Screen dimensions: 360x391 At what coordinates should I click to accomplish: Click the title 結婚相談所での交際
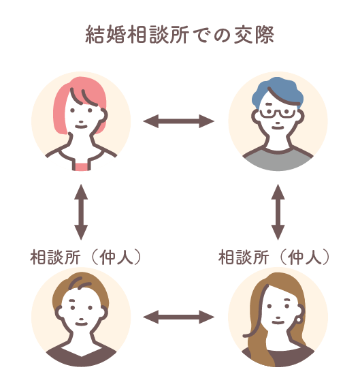[x=180, y=35]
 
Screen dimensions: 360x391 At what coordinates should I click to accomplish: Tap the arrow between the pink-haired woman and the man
[x=178, y=121]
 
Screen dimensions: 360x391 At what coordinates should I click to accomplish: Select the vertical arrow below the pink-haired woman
[x=81, y=212]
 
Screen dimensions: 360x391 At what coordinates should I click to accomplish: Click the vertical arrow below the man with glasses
[x=278, y=212]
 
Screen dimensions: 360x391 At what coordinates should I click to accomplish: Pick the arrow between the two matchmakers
[x=178, y=317]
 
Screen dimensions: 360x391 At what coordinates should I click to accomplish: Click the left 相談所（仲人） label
[x=86, y=257]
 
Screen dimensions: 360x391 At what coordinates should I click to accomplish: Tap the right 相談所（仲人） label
[x=274, y=257]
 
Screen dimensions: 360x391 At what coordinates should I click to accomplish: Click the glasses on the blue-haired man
[x=278, y=113]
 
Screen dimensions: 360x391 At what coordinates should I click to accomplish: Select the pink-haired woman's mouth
[x=81, y=127]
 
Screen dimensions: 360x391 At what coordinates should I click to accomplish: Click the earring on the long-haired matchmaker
[x=299, y=319]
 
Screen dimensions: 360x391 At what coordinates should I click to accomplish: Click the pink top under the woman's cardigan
[x=82, y=166]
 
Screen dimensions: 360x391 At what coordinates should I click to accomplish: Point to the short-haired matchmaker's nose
[x=81, y=319]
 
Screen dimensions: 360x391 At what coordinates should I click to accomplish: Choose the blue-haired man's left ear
[x=256, y=117]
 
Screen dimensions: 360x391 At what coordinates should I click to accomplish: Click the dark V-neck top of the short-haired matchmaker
[x=81, y=356]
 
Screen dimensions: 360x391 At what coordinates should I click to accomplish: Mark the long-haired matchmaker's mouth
[x=278, y=322]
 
